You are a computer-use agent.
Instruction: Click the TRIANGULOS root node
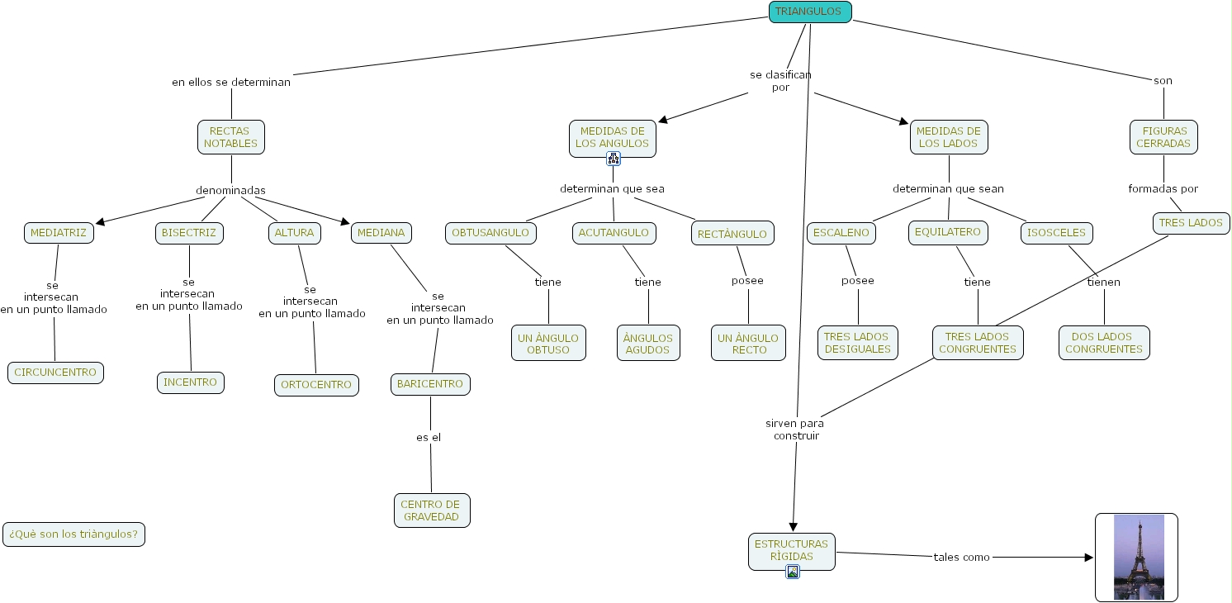click(809, 12)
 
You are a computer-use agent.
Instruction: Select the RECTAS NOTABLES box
click(231, 137)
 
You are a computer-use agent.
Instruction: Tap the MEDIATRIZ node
click(59, 233)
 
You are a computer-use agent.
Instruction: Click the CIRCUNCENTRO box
click(55, 373)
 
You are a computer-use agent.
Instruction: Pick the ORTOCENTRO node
click(316, 385)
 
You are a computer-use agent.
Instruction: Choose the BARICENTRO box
click(430, 384)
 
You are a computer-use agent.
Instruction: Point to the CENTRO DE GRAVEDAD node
click(431, 510)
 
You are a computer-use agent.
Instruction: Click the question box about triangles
click(73, 534)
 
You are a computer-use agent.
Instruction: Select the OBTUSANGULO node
click(490, 233)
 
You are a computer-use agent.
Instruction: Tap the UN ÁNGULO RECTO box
click(748, 344)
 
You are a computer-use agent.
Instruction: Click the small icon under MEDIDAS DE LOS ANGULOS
click(613, 159)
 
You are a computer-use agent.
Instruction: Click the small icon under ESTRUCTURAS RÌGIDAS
click(793, 572)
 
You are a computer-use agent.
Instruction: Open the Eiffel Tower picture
click(1138, 558)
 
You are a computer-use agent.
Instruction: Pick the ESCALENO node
click(841, 233)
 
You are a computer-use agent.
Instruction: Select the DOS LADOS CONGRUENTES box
click(1104, 343)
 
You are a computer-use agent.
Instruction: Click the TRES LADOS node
click(1191, 223)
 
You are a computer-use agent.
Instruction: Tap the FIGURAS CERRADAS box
click(1163, 137)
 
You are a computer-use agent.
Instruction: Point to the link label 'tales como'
click(961, 558)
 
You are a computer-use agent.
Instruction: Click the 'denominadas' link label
click(230, 191)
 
